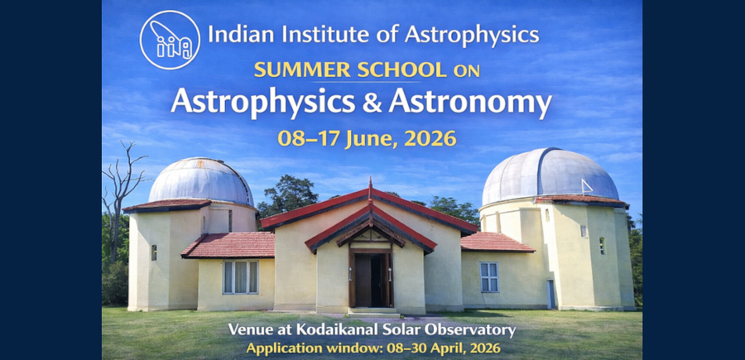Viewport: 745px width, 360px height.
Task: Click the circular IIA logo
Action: coord(170,39)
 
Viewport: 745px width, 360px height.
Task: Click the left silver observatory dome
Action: coord(200,180)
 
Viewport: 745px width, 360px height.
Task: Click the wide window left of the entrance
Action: coord(240,276)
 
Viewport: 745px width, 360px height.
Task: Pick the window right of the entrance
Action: coord(489,276)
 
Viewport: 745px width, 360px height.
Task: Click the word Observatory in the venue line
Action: coord(476,330)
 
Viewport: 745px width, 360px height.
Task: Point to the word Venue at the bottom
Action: coord(251,330)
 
